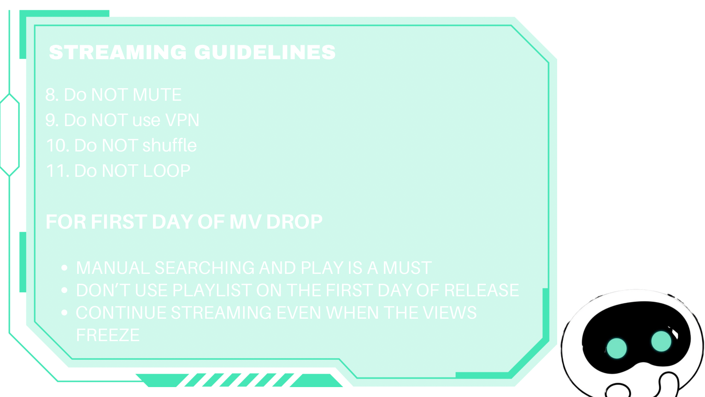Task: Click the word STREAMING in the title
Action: pyautogui.click(x=118, y=52)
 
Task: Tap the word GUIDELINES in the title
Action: pyautogui.click(x=265, y=52)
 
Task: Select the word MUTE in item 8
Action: pyautogui.click(x=157, y=95)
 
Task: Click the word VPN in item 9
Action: pyautogui.click(x=182, y=120)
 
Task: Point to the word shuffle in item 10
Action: pyautogui.click(x=170, y=145)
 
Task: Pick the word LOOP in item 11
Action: pyautogui.click(x=167, y=171)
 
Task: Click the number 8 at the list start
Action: pyautogui.click(x=50, y=95)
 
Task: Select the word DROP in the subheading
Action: pyautogui.click(x=294, y=222)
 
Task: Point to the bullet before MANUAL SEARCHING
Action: pyautogui.click(x=64, y=268)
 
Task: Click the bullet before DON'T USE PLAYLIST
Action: pyautogui.click(x=64, y=290)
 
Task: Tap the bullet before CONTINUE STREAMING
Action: pyautogui.click(x=64, y=312)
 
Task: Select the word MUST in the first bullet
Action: pyautogui.click(x=407, y=268)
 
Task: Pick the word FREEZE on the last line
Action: pyautogui.click(x=108, y=335)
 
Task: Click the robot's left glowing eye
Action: pyautogui.click(x=616, y=348)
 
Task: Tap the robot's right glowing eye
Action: pyautogui.click(x=661, y=341)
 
